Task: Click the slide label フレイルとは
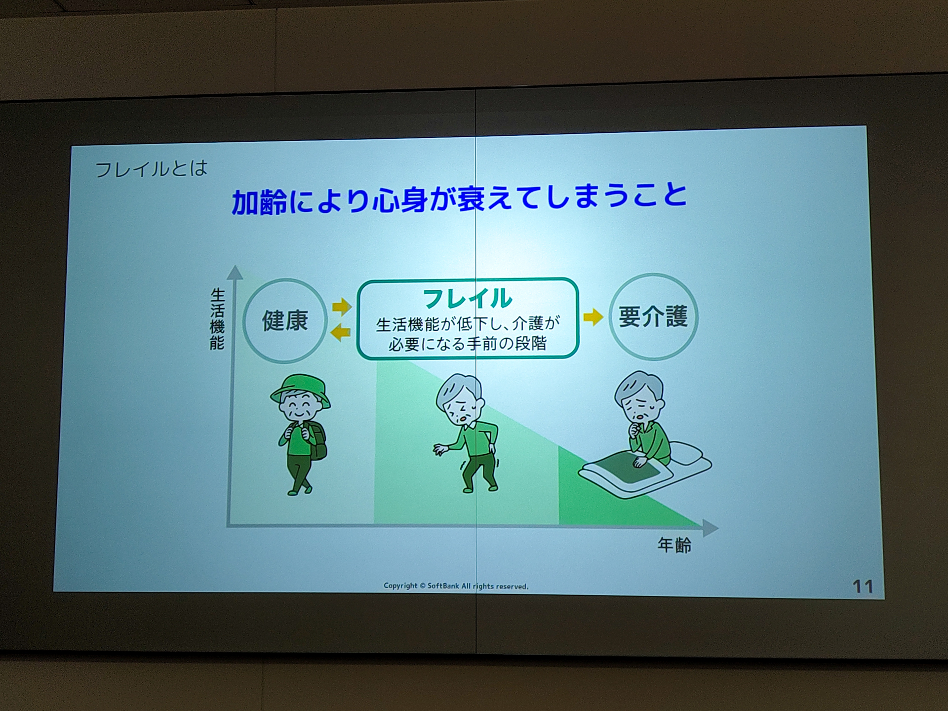pyautogui.click(x=151, y=169)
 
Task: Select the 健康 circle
pyautogui.click(x=285, y=320)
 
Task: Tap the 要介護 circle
pyautogui.click(x=653, y=316)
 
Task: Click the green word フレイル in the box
pyautogui.click(x=468, y=298)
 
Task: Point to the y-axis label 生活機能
pyautogui.click(x=217, y=319)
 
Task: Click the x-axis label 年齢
pyautogui.click(x=674, y=545)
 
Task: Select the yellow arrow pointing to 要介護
pyautogui.click(x=593, y=316)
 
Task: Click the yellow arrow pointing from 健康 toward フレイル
pyautogui.click(x=342, y=307)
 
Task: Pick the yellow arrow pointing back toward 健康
pyautogui.click(x=340, y=332)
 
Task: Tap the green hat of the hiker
pyautogui.click(x=300, y=390)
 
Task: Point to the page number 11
pyautogui.click(x=863, y=587)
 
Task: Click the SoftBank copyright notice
pyautogui.click(x=456, y=586)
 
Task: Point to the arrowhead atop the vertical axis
pyautogui.click(x=235, y=272)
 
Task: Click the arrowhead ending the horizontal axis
pyautogui.click(x=710, y=528)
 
